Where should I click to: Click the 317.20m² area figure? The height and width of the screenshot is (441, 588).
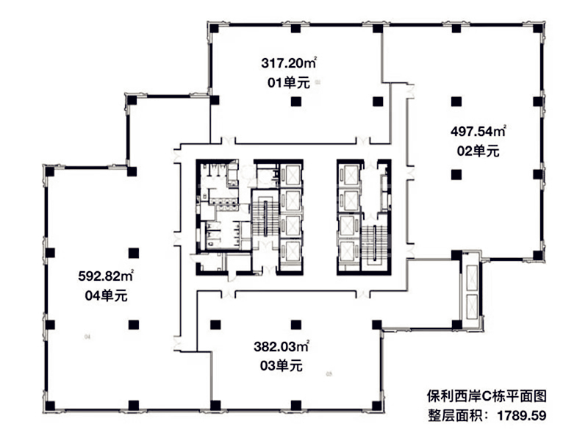point(289,62)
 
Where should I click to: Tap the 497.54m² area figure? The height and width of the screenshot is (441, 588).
point(478,132)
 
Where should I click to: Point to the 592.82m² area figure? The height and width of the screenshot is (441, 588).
point(106,276)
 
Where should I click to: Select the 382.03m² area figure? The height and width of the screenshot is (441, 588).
point(282,346)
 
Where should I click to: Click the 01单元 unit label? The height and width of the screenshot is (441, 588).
point(289,82)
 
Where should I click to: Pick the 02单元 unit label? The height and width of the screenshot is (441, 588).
point(478,151)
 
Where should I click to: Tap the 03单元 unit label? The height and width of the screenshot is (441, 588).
point(282,365)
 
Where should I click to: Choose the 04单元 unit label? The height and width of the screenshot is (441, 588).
point(106,296)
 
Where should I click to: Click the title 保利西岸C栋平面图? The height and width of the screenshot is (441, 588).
point(487,396)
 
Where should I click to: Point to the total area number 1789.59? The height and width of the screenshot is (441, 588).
point(522,415)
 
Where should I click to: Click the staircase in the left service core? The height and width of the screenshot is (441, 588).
point(265,218)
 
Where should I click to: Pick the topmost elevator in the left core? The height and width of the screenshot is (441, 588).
point(291,175)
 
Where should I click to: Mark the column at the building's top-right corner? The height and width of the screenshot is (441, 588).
point(538,29)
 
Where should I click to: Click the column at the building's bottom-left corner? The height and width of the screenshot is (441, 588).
point(50,406)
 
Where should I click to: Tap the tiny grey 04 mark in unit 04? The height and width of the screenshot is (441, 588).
point(87,337)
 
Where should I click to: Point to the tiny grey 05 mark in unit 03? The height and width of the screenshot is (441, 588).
point(329,373)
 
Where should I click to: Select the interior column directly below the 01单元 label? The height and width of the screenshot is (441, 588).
point(296,101)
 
